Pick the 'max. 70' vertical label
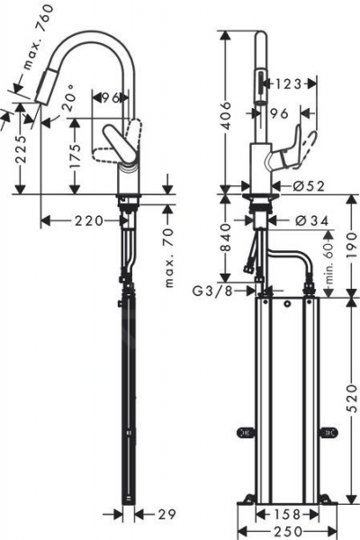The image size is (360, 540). coord(169,256)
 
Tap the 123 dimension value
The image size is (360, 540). coord(287,85)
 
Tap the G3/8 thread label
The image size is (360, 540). coord(216,290)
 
